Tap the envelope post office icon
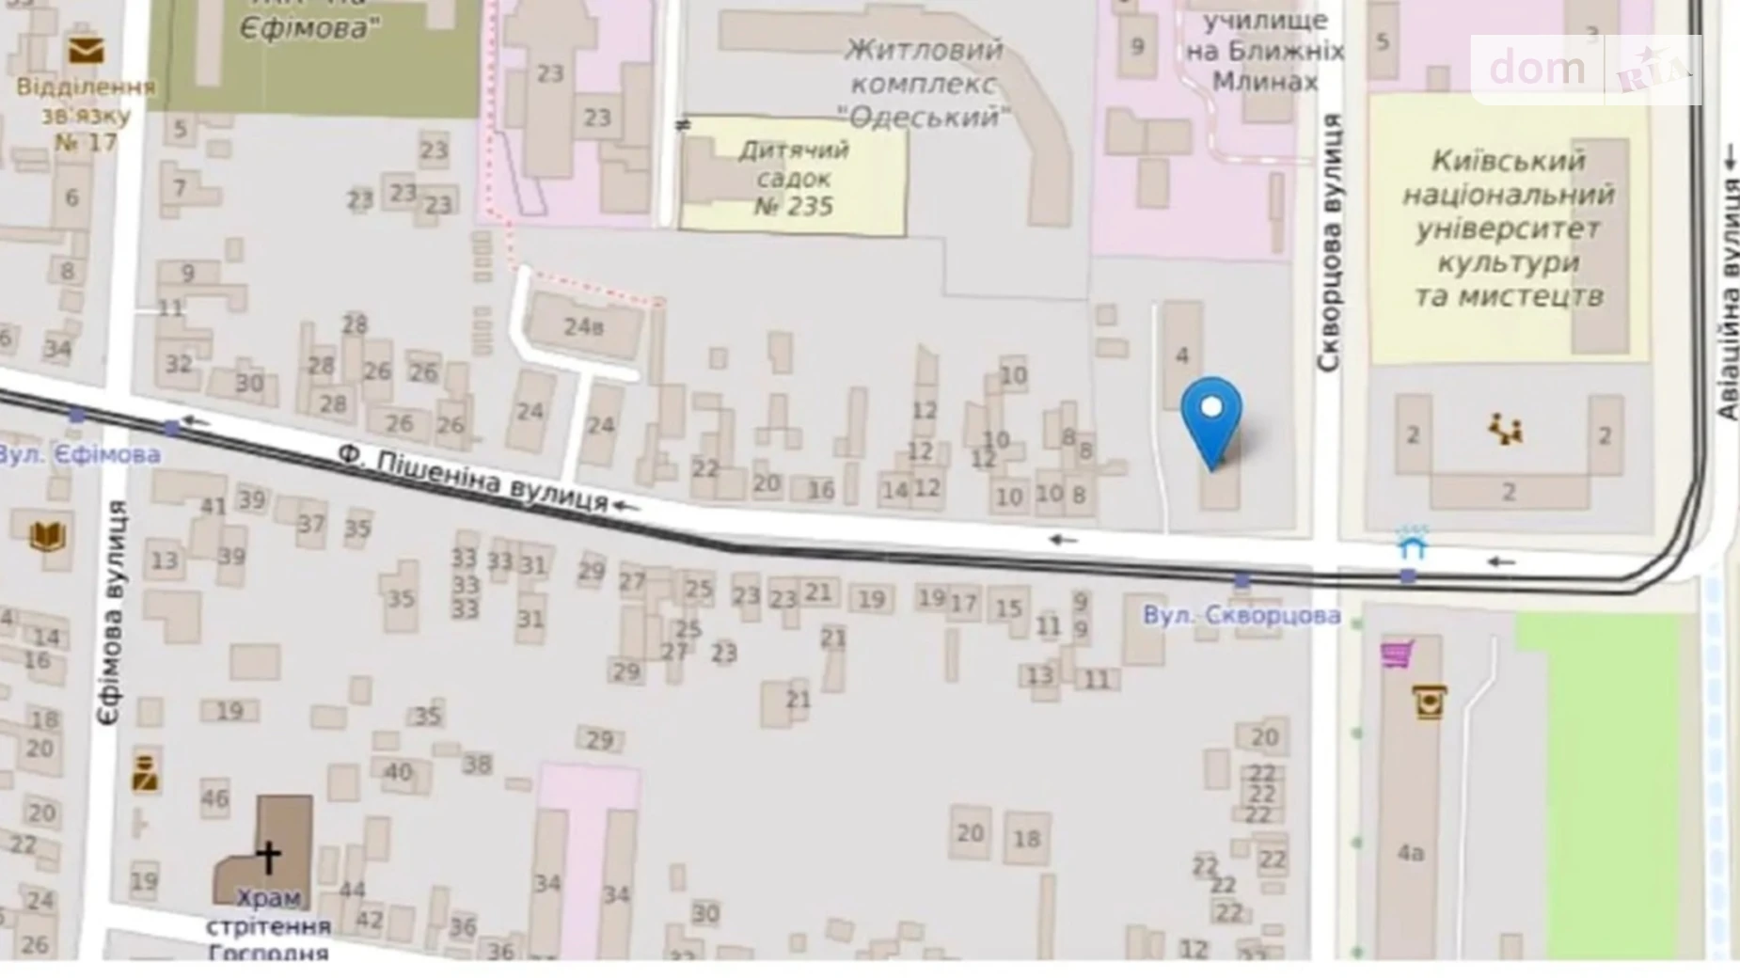click(x=86, y=51)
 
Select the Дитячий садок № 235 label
click(x=794, y=178)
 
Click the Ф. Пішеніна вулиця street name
click(x=473, y=480)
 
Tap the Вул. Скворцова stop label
click(x=1242, y=616)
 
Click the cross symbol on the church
click(x=269, y=855)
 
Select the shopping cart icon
click(x=1397, y=653)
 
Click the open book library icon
click(x=47, y=536)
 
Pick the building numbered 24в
click(x=584, y=327)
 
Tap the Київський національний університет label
click(x=1508, y=229)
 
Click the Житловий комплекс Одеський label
click(x=923, y=83)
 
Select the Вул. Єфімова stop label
click(x=80, y=455)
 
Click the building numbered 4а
click(x=1410, y=853)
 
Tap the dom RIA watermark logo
click(x=1586, y=69)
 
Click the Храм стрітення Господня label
click(x=268, y=925)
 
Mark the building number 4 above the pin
click(x=1182, y=355)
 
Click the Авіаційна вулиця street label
click(x=1729, y=282)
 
